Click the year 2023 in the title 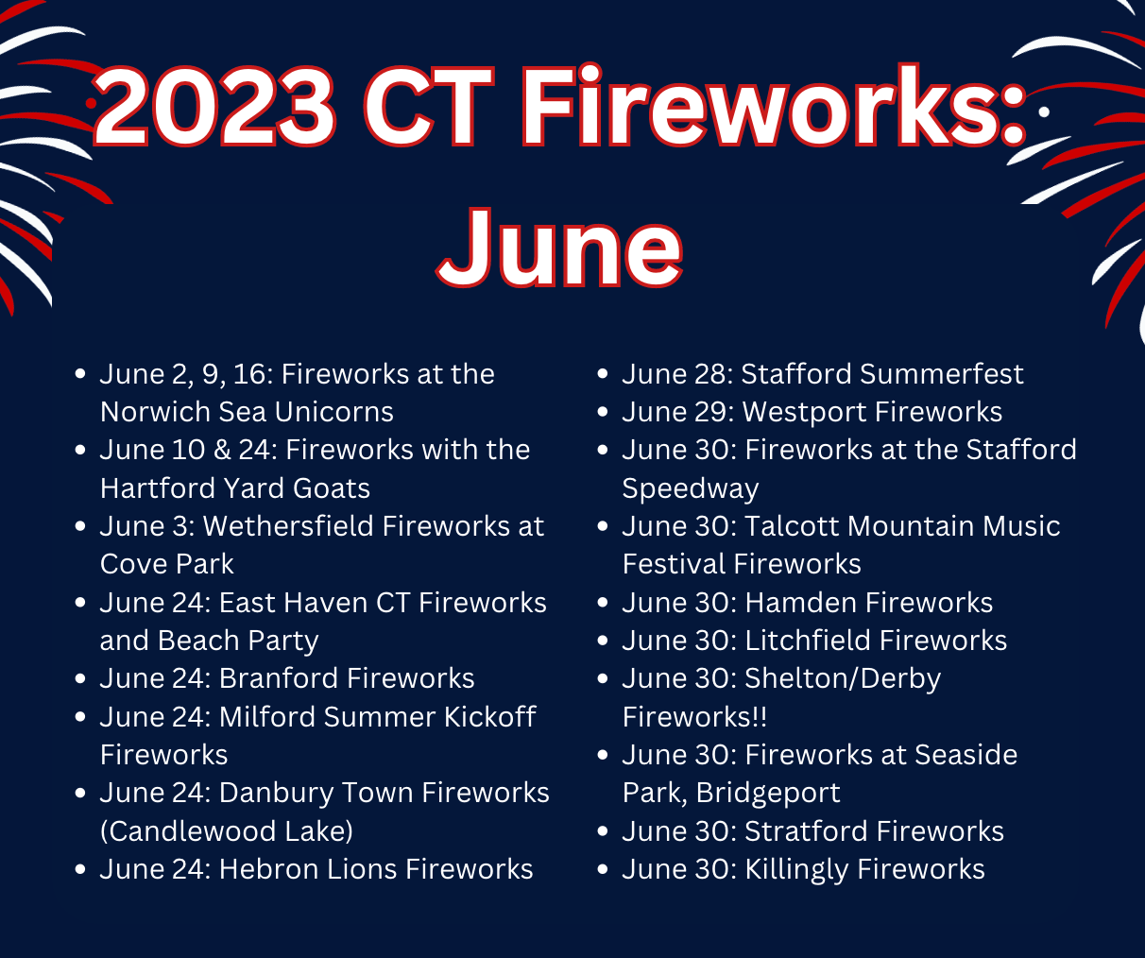pyautogui.click(x=214, y=107)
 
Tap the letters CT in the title pyautogui.click(x=429, y=107)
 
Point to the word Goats pyautogui.click(x=332, y=488)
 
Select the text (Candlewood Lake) pyautogui.click(x=227, y=831)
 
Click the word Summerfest pyautogui.click(x=942, y=374)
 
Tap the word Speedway pyautogui.click(x=691, y=489)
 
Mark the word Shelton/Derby pyautogui.click(x=843, y=679)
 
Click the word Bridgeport pyautogui.click(x=768, y=794)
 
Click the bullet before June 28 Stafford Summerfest pyautogui.click(x=603, y=374)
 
